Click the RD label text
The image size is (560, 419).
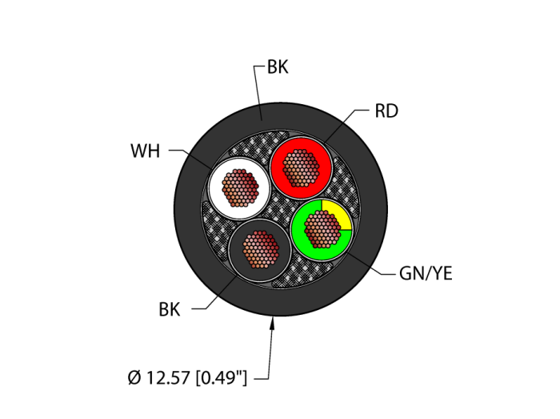click(386, 111)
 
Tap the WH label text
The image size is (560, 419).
click(145, 151)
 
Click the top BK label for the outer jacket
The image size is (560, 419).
click(277, 68)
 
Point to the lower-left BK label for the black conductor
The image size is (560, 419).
click(169, 310)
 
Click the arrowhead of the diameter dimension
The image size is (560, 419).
click(275, 322)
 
